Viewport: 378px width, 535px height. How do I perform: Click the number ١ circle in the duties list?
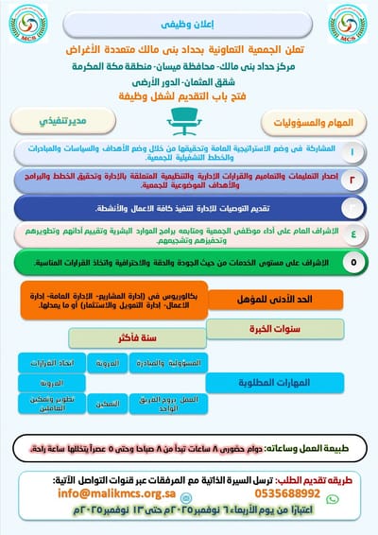352,151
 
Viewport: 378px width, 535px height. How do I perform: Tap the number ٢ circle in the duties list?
352,177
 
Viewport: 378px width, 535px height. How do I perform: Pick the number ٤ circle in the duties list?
352,232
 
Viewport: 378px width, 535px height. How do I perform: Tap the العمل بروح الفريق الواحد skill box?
178,401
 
